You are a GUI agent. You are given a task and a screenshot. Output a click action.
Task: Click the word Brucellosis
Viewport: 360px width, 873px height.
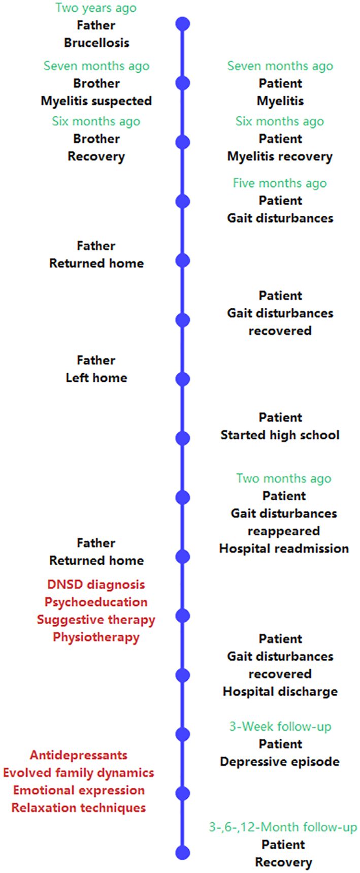[x=96, y=43]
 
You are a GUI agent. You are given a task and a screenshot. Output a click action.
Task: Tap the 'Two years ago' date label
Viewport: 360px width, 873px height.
[x=96, y=8]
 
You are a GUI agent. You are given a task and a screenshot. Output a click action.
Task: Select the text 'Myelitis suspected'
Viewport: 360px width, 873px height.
[x=96, y=101]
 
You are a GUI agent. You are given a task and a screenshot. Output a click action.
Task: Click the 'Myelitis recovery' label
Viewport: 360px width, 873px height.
[x=280, y=156]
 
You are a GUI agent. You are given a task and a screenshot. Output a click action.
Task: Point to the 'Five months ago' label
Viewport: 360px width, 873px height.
[x=280, y=183]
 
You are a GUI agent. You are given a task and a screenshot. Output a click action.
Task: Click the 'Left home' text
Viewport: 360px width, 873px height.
[x=96, y=378]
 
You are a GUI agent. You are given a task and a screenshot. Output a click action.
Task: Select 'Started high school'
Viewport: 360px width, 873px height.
[x=280, y=435]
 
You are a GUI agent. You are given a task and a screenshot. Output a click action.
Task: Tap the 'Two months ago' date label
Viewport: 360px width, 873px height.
[x=284, y=478]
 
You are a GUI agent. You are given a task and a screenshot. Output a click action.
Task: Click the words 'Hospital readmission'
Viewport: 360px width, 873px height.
[x=284, y=548]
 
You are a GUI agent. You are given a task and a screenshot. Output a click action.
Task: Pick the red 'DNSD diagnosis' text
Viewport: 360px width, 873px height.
[x=96, y=585]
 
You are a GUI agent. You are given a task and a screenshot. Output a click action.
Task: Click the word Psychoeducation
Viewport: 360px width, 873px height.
[x=96, y=602]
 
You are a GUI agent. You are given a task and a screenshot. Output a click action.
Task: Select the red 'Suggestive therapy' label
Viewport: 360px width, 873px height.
[x=96, y=620]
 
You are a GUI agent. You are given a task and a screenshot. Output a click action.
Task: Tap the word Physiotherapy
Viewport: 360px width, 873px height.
[x=96, y=637]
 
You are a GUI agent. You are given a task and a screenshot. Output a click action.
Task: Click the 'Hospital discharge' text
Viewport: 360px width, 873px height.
[x=280, y=692]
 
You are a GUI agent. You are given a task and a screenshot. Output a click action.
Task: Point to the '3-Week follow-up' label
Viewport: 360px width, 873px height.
[x=280, y=727]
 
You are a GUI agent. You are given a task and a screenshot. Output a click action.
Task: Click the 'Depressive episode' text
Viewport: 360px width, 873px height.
[x=280, y=762]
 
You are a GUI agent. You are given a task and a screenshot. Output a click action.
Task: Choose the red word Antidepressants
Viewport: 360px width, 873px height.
[x=79, y=755]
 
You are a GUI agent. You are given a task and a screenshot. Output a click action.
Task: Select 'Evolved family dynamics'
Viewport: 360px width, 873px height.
[x=79, y=773]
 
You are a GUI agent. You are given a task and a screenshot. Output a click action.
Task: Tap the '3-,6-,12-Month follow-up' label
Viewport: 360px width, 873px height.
[x=283, y=827]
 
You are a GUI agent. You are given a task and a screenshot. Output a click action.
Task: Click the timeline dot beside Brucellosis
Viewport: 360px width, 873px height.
[x=182, y=24]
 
